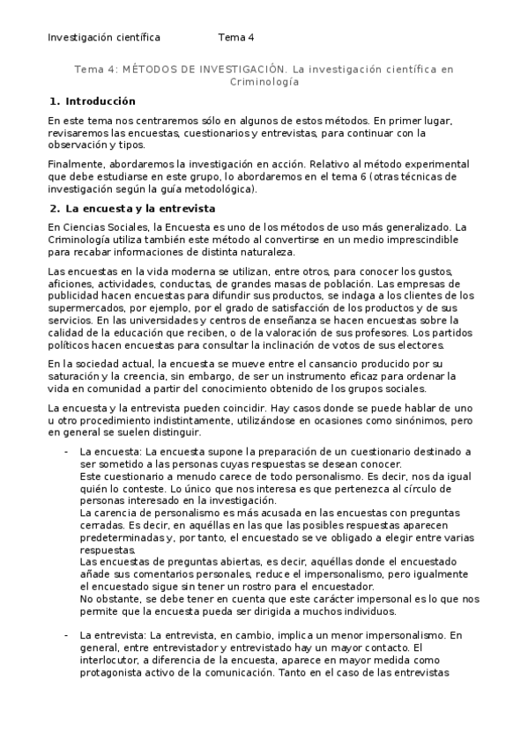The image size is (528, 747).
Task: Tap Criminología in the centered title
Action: (x=264, y=81)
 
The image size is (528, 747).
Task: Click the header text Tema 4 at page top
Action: (x=235, y=38)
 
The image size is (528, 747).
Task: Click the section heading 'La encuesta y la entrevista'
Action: (x=140, y=209)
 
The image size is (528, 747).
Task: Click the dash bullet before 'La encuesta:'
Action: (x=66, y=452)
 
